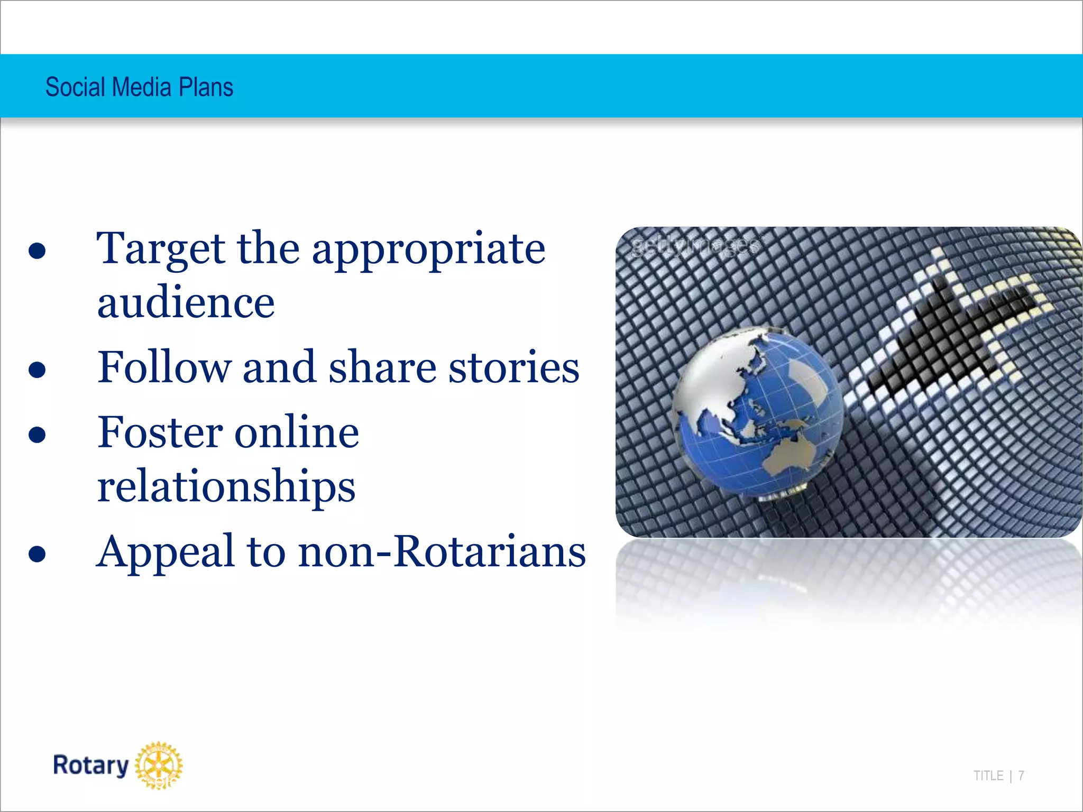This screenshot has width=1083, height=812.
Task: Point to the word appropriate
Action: (x=428, y=250)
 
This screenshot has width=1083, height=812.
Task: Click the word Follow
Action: (x=164, y=367)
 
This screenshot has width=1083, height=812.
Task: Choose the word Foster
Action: (x=160, y=432)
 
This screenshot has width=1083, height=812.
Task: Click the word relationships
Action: (x=226, y=486)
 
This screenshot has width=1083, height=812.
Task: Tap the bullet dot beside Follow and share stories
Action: (x=37, y=370)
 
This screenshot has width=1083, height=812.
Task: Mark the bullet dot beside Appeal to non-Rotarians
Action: (x=37, y=555)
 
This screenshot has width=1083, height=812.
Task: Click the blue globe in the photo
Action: (x=759, y=412)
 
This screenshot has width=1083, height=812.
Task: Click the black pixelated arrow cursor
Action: (x=952, y=333)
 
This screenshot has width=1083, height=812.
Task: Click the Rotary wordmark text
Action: (x=91, y=765)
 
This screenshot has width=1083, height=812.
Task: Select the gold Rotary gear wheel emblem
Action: (x=159, y=765)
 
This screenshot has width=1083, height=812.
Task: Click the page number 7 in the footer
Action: (x=1021, y=776)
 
